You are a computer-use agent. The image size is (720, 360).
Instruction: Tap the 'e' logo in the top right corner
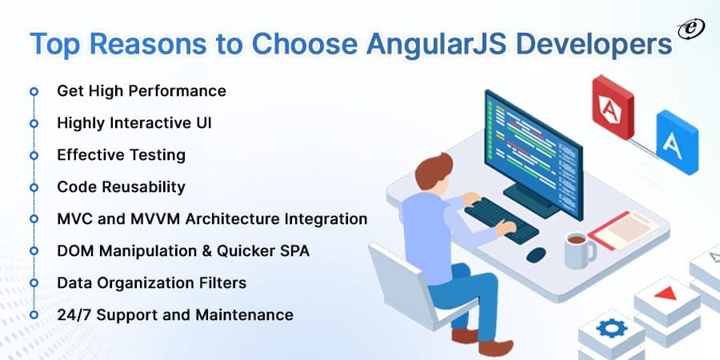click(686, 30)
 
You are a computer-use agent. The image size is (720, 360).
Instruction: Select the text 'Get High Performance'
click(142, 91)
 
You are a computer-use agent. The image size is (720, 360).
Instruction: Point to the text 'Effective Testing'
click(122, 155)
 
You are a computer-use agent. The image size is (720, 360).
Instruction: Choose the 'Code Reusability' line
click(122, 187)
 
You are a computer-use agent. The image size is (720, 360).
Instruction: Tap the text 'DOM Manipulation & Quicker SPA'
click(183, 251)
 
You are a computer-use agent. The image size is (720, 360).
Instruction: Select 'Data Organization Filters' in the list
click(152, 283)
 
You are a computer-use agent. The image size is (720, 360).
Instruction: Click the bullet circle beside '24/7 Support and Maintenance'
click(34, 315)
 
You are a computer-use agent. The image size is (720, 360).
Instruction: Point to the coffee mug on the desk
click(578, 250)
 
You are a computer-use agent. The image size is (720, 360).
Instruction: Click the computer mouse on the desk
click(536, 254)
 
